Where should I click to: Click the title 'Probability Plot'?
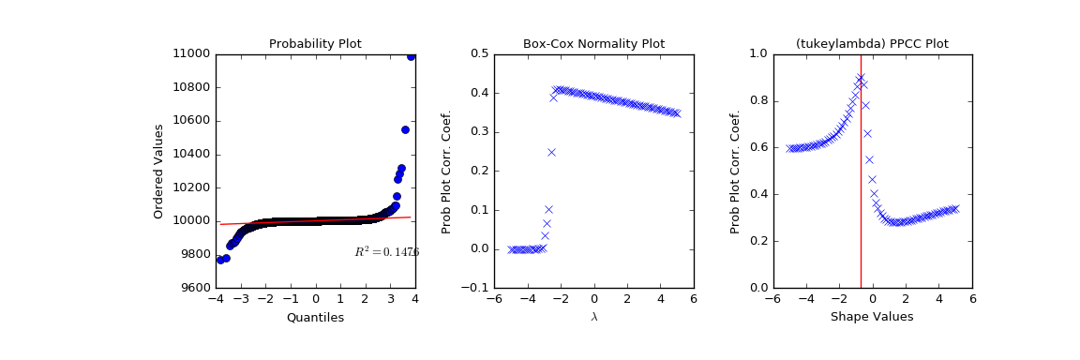[315, 44]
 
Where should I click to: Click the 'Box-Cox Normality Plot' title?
[593, 44]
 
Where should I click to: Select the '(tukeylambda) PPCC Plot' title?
[872, 44]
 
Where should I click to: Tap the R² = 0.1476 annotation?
[386, 252]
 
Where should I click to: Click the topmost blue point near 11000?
[411, 56]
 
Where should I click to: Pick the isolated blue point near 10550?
[405, 129]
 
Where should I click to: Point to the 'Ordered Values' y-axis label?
[159, 171]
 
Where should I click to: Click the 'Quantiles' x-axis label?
[315, 318]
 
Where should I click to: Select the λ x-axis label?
[593, 318]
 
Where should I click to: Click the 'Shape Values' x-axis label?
[872, 318]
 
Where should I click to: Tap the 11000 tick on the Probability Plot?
[190, 53]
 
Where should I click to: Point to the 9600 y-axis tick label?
[194, 288]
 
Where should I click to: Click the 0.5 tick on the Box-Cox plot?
[478, 53]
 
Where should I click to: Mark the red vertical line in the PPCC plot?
[861, 187]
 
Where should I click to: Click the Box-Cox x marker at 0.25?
[551, 152]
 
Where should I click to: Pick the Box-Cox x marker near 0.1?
[548, 209]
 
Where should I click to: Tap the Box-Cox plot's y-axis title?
[447, 171]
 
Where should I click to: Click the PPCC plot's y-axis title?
[735, 171]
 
